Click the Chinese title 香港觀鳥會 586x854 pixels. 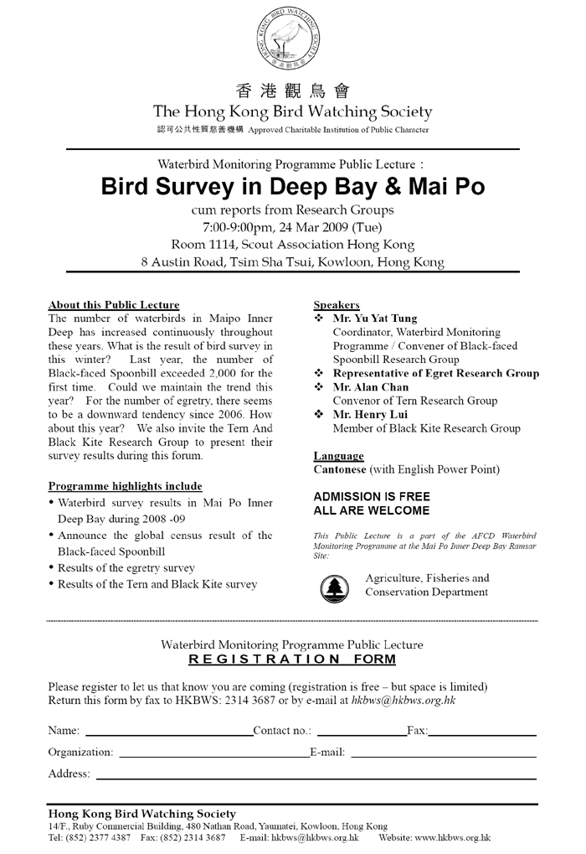coord(292,91)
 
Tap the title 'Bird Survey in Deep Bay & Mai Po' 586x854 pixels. coord(292,185)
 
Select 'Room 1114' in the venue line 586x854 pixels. coord(202,245)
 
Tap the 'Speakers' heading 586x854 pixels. coord(337,305)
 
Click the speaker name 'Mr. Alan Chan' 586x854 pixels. coord(369,387)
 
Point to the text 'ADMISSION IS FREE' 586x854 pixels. coord(372,496)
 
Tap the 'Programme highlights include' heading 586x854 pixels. coord(125,486)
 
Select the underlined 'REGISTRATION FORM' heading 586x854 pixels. coord(292,660)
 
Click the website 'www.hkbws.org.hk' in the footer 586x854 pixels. coord(452,837)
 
